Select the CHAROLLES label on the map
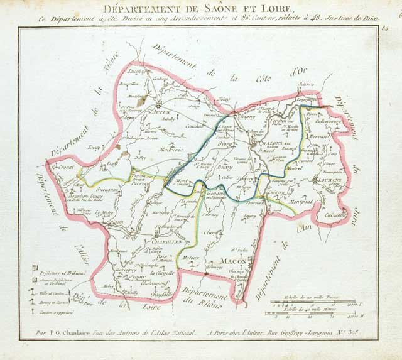[x=166, y=241]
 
